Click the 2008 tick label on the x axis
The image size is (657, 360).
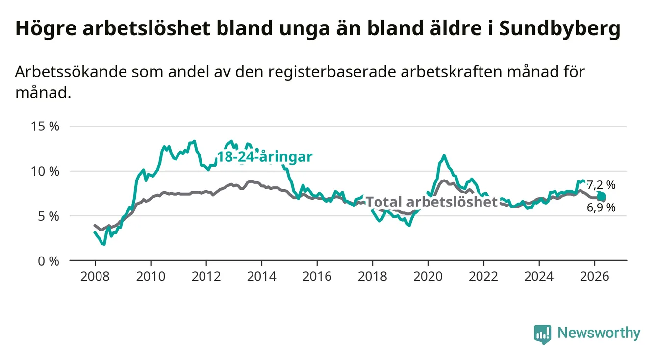[95, 277]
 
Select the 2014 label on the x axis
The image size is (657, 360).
[261, 277]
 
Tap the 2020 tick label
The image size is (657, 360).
[428, 277]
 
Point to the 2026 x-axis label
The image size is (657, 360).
[595, 277]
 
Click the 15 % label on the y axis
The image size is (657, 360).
[45, 127]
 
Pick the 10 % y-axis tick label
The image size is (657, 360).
[45, 171]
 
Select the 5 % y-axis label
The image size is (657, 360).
[49, 216]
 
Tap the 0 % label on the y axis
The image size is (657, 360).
[49, 261]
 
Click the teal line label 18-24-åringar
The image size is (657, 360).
[265, 157]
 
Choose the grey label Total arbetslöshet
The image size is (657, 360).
[431, 202]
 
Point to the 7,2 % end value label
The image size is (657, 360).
[601, 185]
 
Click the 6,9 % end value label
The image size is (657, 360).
[601, 208]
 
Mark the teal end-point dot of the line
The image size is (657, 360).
[601, 196]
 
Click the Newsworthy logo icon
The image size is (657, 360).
[543, 334]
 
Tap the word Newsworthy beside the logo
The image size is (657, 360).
[599, 333]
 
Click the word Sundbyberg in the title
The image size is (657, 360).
[559, 29]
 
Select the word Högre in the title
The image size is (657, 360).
[46, 29]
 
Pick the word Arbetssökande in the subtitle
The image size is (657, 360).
[71, 72]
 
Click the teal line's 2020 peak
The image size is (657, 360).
[444, 155]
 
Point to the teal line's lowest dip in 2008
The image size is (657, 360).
[104, 244]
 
